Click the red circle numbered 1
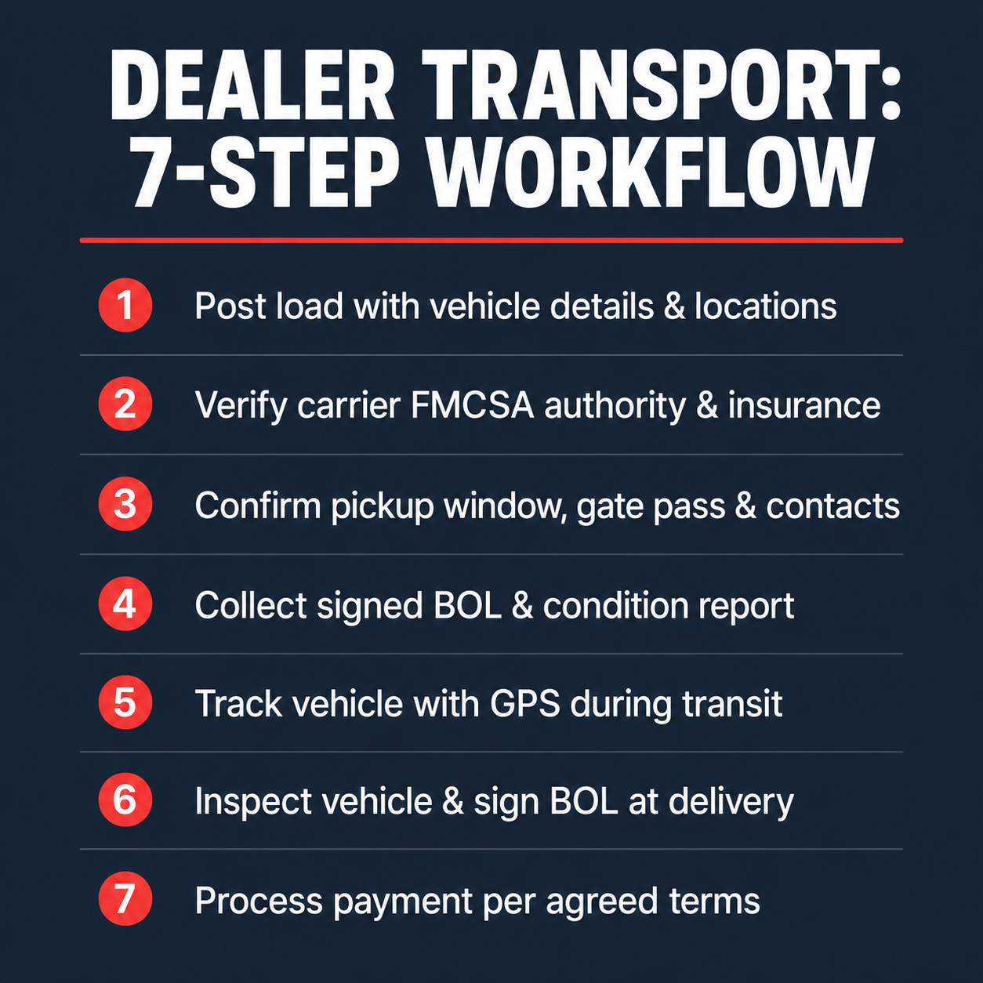[x=125, y=305]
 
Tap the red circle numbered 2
[x=125, y=404]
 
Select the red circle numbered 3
[x=125, y=504]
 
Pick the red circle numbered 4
[x=125, y=604]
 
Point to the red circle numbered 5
[x=125, y=702]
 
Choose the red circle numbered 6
[x=125, y=800]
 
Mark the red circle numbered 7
[x=125, y=899]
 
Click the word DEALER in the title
[x=252, y=85]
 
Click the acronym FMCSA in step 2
[x=472, y=405]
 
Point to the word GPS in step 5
[x=525, y=703]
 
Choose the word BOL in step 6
[x=583, y=801]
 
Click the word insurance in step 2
[x=804, y=405]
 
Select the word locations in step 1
[x=765, y=306]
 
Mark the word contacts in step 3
[x=832, y=506]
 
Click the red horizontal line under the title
[x=491, y=241]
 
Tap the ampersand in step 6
[x=452, y=802]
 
